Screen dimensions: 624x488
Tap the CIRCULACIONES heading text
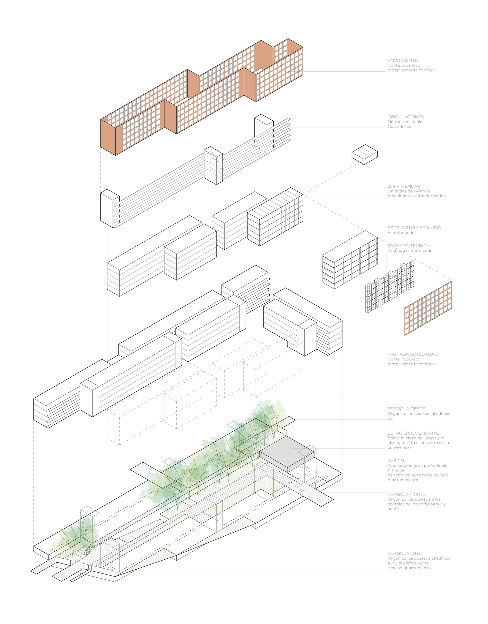pos(405,117)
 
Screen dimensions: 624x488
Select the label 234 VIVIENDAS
pos(404,186)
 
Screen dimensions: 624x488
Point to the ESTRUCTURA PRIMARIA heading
pos(414,228)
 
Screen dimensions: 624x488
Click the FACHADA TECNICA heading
pos(408,246)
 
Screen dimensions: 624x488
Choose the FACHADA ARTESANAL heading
pos(412,354)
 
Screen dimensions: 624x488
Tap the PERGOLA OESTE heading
pos(406,409)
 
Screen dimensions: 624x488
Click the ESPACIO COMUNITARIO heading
pos(413,433)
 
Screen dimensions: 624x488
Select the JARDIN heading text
pos(396,461)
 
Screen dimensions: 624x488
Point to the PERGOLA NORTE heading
pos(407,494)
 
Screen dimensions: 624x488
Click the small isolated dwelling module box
pos(365,154)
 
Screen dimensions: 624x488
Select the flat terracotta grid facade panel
pos(428,308)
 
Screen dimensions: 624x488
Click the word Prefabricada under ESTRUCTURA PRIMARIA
pos(401,233)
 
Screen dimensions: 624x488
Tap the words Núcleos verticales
pos(406,122)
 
